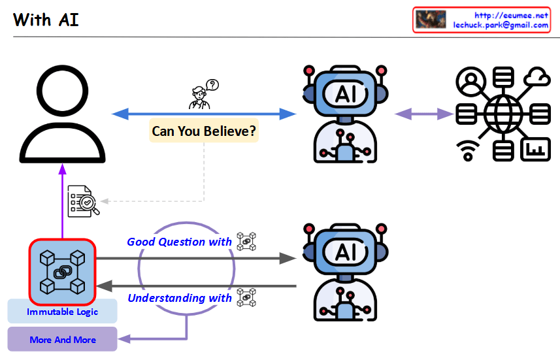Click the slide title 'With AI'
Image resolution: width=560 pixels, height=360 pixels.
(46, 20)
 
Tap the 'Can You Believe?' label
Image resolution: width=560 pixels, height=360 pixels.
(204, 131)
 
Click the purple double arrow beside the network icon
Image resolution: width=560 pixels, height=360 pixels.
(424, 114)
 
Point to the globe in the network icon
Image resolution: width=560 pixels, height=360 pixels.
(503, 114)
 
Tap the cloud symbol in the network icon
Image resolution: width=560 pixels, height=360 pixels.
(540, 78)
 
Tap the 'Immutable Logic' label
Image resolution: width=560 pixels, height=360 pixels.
(63, 312)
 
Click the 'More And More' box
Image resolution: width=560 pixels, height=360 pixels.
(63, 340)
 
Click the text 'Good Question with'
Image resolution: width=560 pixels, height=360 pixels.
(179, 242)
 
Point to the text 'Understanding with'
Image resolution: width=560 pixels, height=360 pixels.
(179, 298)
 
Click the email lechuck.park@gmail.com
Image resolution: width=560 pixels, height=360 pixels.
(501, 25)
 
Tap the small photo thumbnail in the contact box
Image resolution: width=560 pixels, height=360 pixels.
(431, 20)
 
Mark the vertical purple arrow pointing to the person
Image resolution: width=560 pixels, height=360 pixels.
(63, 199)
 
